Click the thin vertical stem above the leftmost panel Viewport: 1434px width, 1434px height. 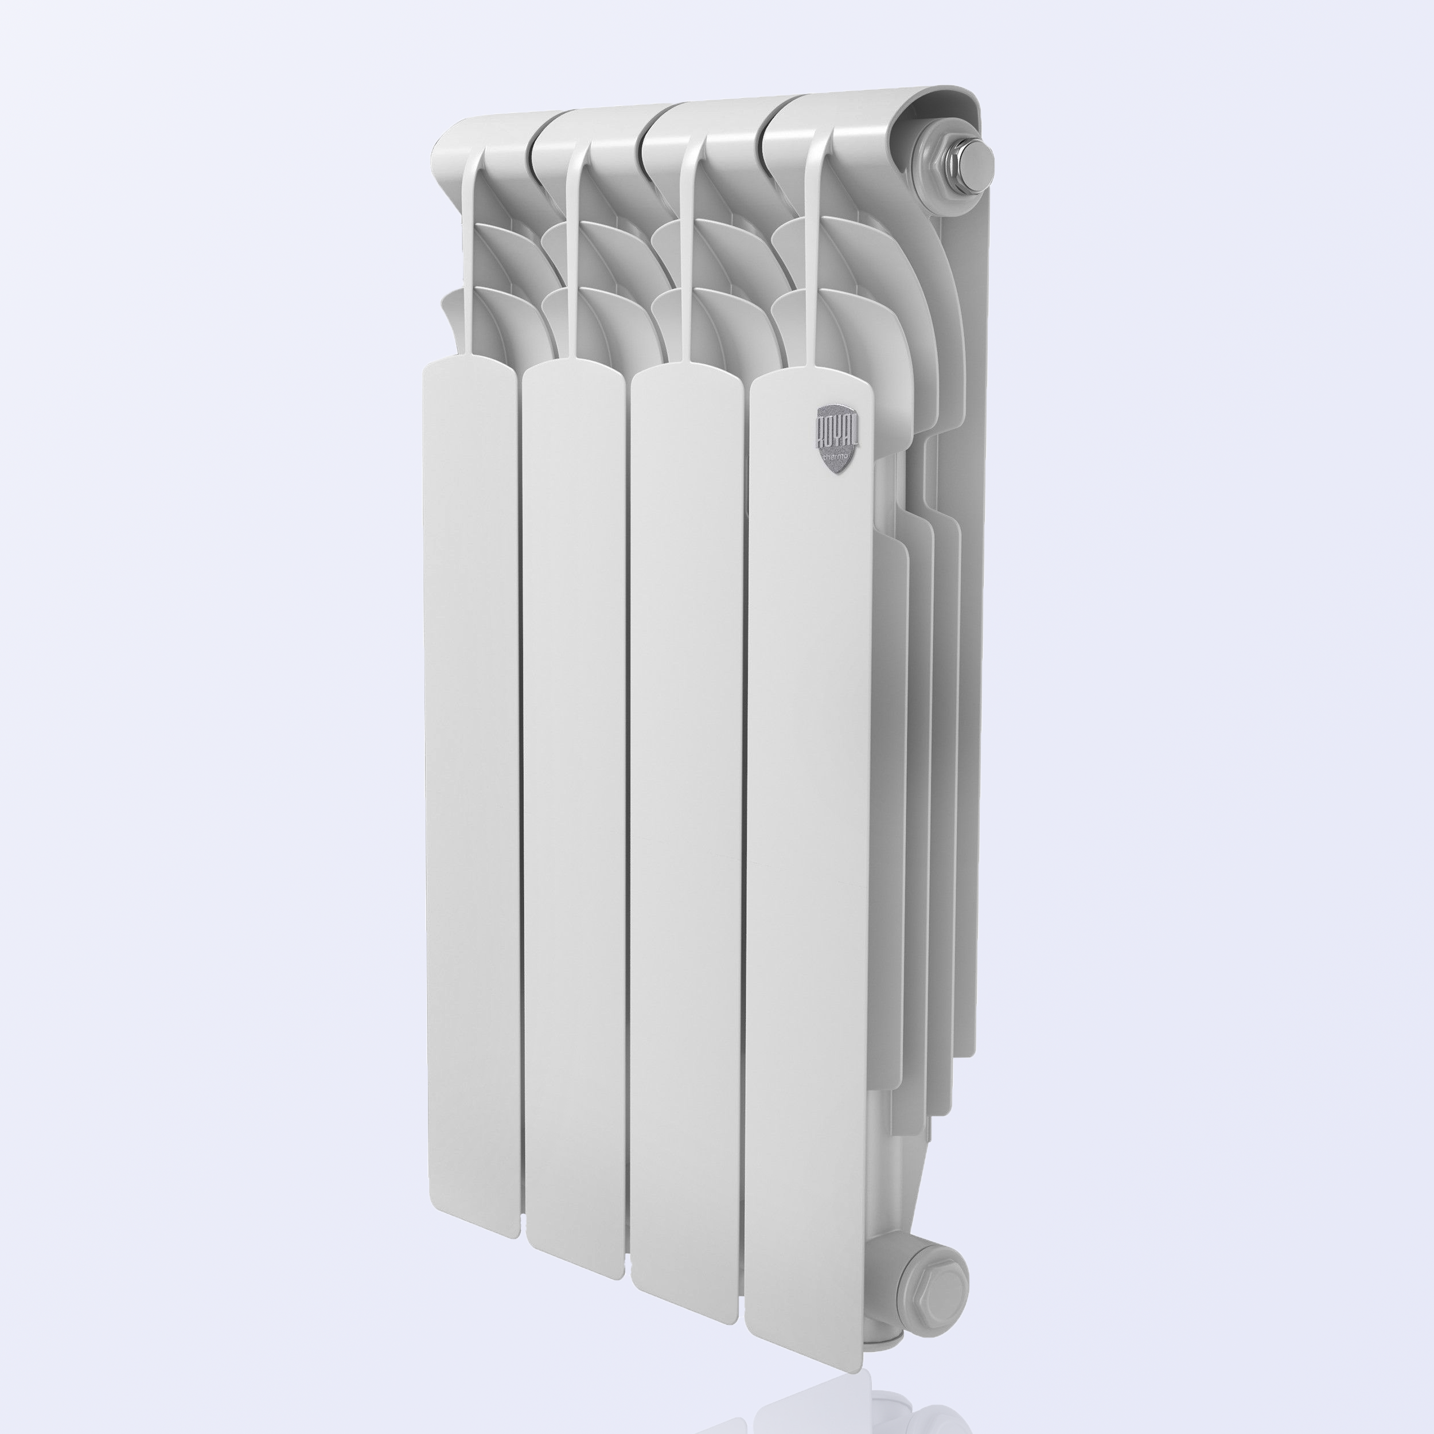470,253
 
